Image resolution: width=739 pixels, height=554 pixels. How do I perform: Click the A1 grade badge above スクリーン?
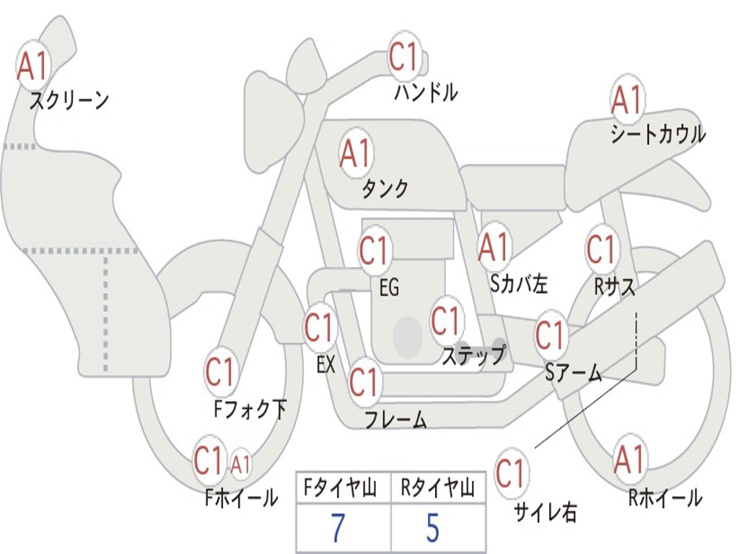pyautogui.click(x=32, y=67)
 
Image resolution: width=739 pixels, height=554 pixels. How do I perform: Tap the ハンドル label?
pyautogui.click(x=426, y=92)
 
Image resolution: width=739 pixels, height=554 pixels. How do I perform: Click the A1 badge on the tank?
pyautogui.click(x=355, y=154)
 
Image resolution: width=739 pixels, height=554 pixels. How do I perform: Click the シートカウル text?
pyautogui.click(x=658, y=134)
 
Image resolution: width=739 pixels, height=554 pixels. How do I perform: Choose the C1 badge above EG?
pyautogui.click(x=374, y=251)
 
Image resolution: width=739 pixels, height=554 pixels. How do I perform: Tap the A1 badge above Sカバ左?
pyautogui.click(x=494, y=248)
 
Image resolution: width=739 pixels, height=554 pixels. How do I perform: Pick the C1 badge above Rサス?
pyautogui.click(x=601, y=249)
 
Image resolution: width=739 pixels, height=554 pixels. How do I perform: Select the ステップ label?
pyautogui.click(x=473, y=355)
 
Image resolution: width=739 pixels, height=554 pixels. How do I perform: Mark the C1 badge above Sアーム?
pyautogui.click(x=550, y=335)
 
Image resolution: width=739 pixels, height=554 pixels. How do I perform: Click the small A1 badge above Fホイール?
pyautogui.click(x=240, y=465)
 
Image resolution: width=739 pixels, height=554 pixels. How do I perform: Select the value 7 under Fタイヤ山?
pyautogui.click(x=338, y=528)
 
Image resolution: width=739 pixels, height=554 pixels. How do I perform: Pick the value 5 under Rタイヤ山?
pyautogui.click(x=433, y=528)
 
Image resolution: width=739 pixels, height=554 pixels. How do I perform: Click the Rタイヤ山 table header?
pyautogui.click(x=438, y=488)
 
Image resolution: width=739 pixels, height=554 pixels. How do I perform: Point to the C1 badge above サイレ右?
pyautogui.click(x=510, y=473)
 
